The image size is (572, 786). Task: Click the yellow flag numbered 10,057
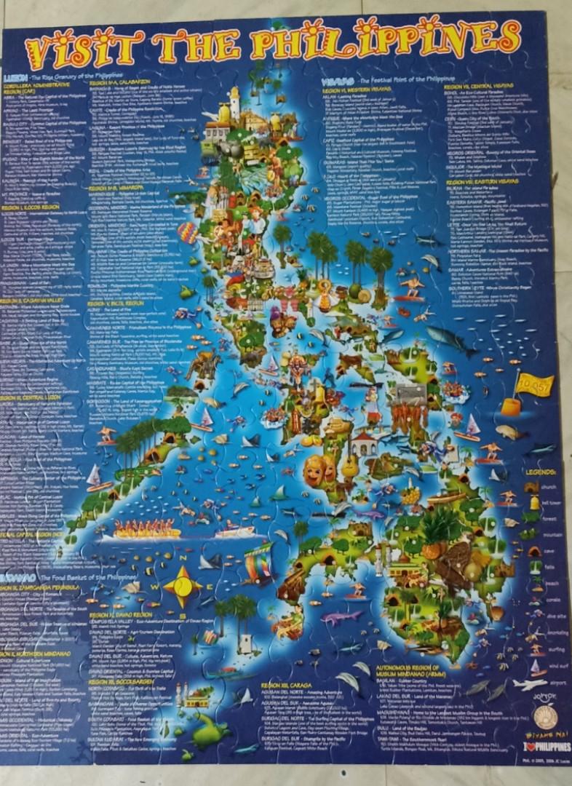tap(536, 386)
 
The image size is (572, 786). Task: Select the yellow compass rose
tap(181, 587)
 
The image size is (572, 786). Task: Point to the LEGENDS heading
tap(541, 472)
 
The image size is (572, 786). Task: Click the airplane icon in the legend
tap(529, 684)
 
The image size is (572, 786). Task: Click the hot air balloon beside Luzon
tap(188, 232)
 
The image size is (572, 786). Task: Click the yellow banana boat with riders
tap(146, 530)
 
